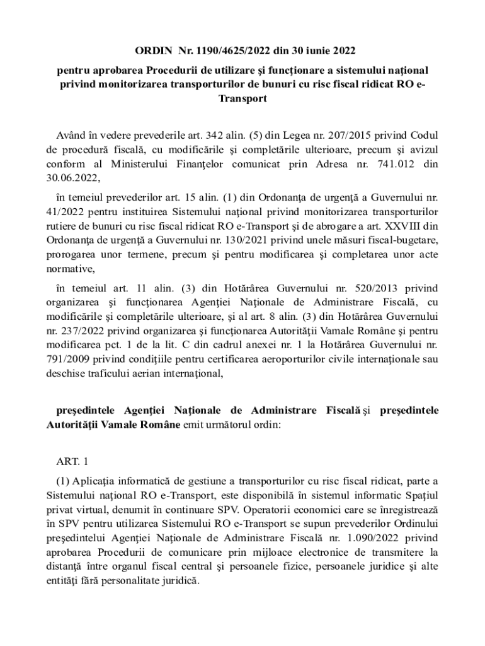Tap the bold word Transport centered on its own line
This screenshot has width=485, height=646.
[243, 99]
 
